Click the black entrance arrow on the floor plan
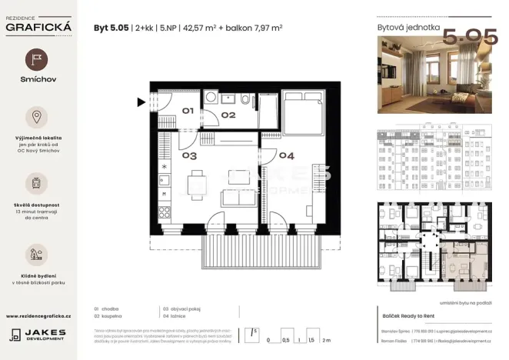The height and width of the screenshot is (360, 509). [x=141, y=101]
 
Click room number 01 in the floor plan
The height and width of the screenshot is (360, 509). [x=187, y=111]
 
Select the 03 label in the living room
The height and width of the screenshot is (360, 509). [x=190, y=156]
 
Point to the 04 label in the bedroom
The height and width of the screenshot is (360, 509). [x=285, y=156]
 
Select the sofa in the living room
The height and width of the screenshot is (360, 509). [x=233, y=198]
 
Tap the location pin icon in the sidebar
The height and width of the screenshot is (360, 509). [x=36, y=117]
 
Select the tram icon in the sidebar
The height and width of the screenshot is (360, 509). [x=36, y=182]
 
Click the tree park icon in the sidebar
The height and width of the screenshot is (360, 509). [x=36, y=253]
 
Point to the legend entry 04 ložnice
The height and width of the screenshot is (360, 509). [x=176, y=314]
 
